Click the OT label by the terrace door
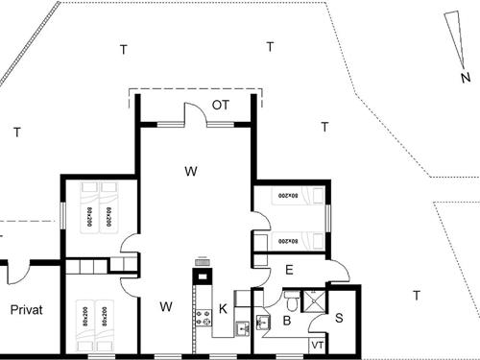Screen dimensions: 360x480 tap(220, 105)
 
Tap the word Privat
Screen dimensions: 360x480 tap(29, 309)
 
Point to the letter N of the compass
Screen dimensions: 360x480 tap(464, 77)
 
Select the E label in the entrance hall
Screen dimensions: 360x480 tap(289, 272)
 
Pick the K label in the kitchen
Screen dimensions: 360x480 tap(222, 308)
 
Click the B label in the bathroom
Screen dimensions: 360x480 tap(286, 323)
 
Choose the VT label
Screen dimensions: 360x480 tap(317, 345)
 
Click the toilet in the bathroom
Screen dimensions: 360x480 tap(295, 300)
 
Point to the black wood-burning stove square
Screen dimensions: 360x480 tap(203, 276)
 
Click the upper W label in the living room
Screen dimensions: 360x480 tap(191, 171)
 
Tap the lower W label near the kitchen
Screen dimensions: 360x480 tap(165, 307)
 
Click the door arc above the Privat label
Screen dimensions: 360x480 tap(13, 273)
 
